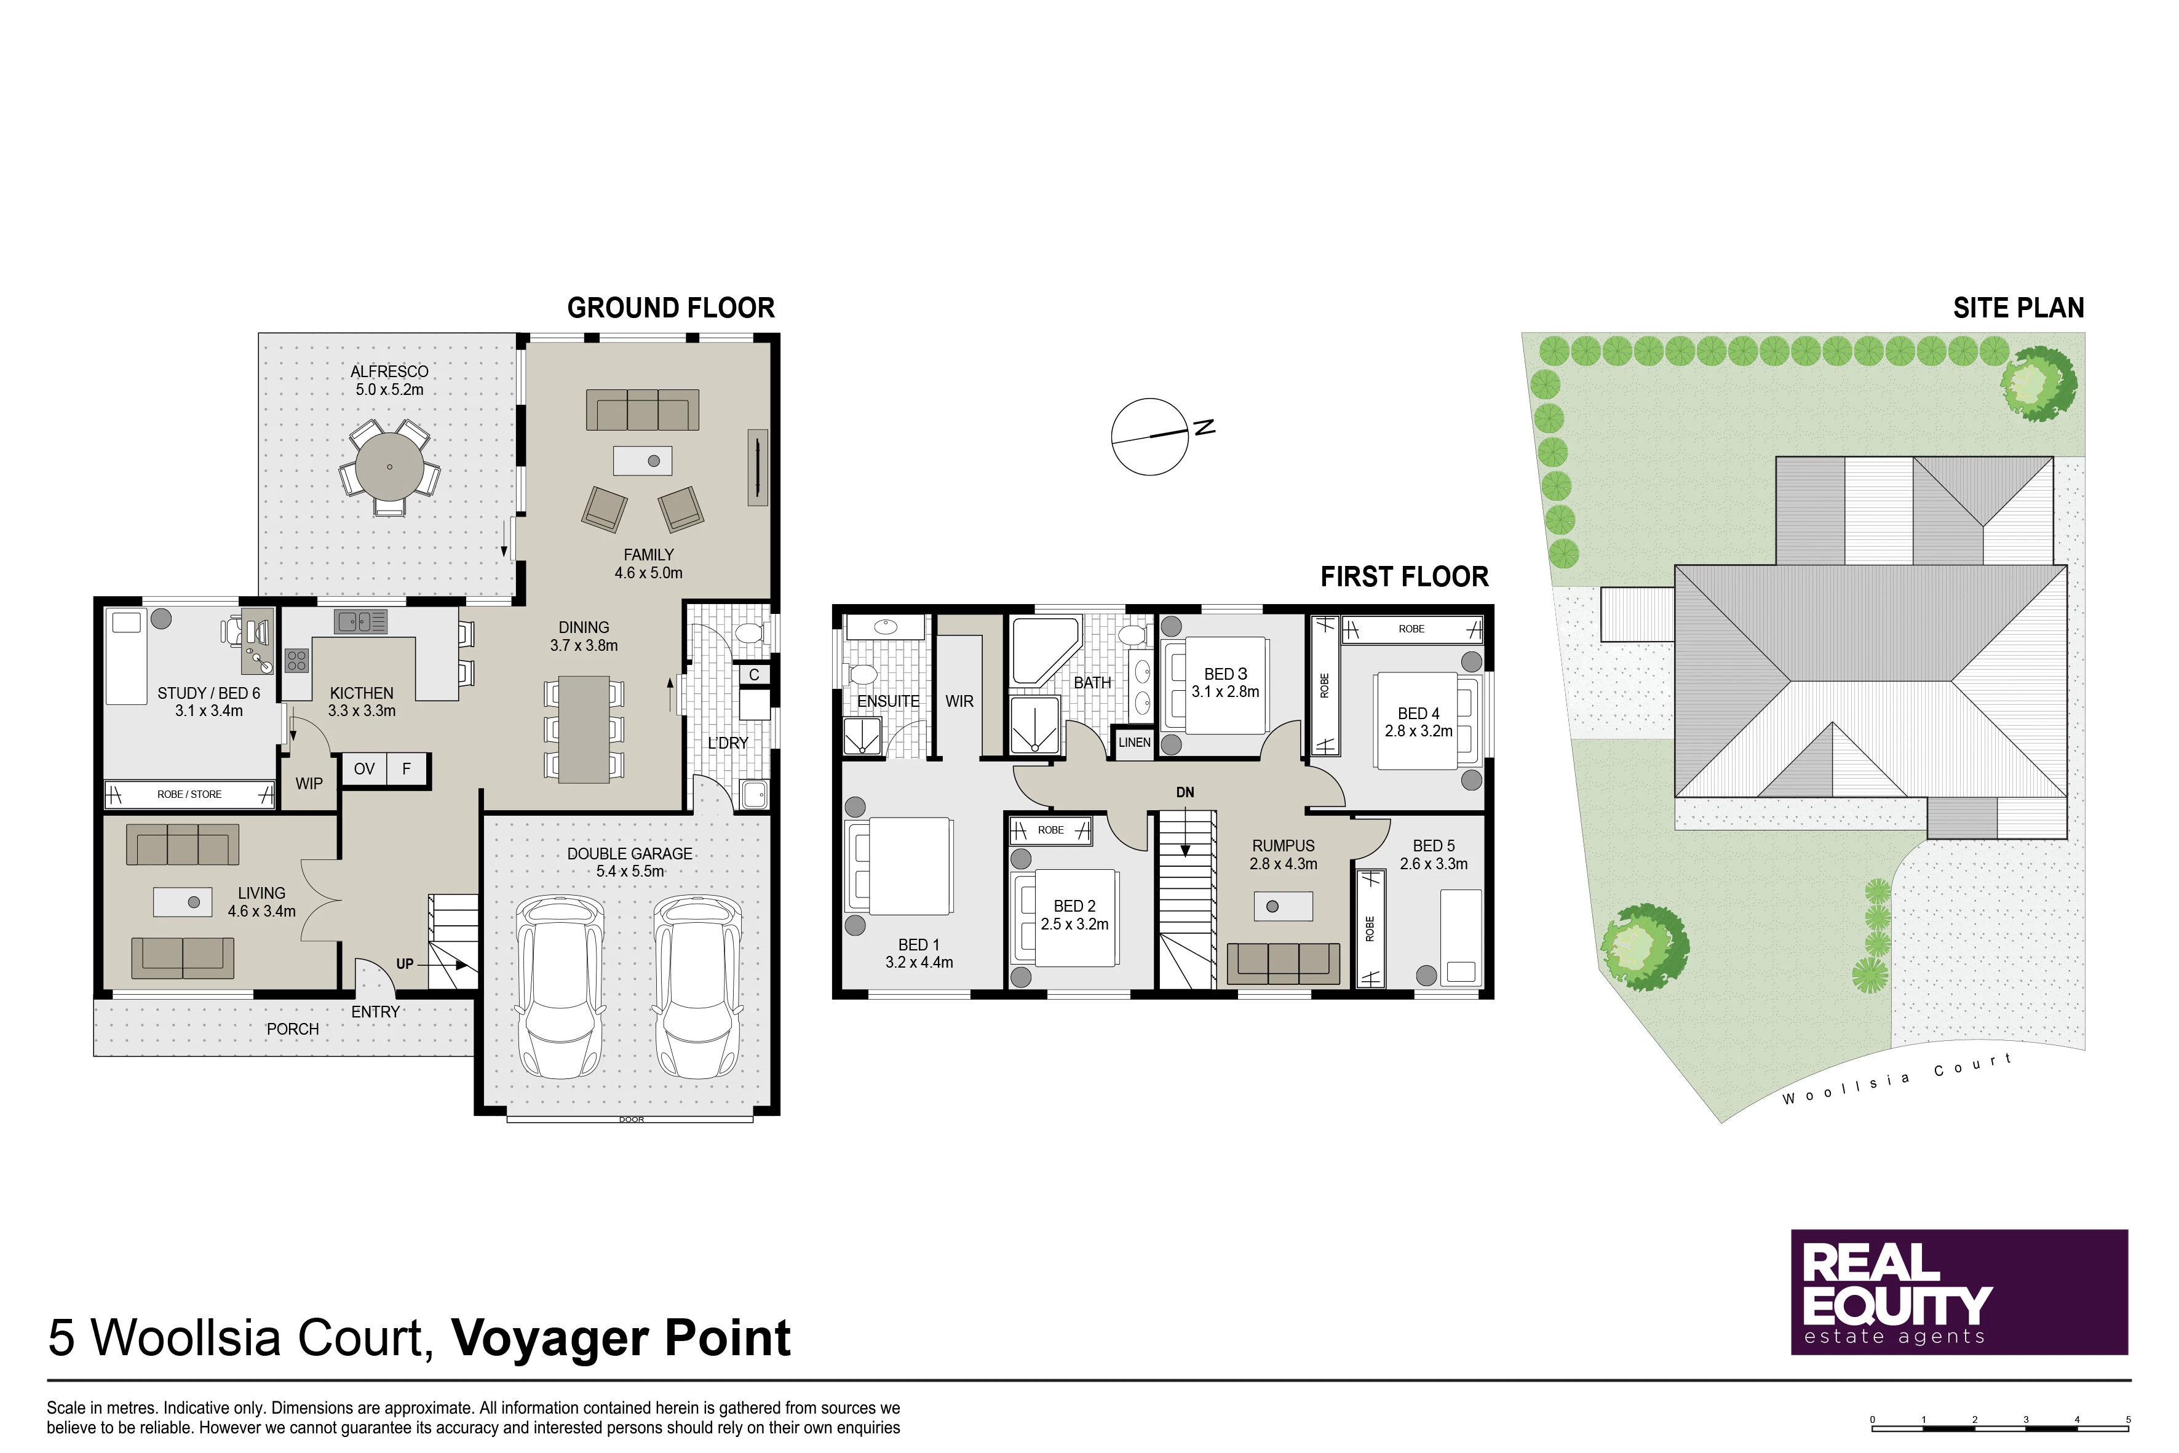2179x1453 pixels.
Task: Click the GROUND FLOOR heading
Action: click(671, 308)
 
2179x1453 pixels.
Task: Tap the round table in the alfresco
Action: click(390, 467)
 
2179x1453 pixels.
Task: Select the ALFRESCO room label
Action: click(389, 372)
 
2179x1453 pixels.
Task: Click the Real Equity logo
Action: click(1958, 1292)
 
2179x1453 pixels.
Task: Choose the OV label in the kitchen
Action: click(364, 769)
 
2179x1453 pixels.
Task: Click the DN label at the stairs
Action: click(1185, 792)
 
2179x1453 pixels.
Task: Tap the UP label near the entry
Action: click(405, 964)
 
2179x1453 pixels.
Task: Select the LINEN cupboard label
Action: click(1134, 742)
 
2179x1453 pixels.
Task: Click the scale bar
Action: click(2000, 1428)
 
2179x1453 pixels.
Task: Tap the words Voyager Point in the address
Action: click(621, 1338)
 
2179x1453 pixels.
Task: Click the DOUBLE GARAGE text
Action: click(630, 853)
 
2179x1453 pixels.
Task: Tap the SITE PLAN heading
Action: click(2018, 308)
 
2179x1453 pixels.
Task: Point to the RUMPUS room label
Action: click(1283, 846)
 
